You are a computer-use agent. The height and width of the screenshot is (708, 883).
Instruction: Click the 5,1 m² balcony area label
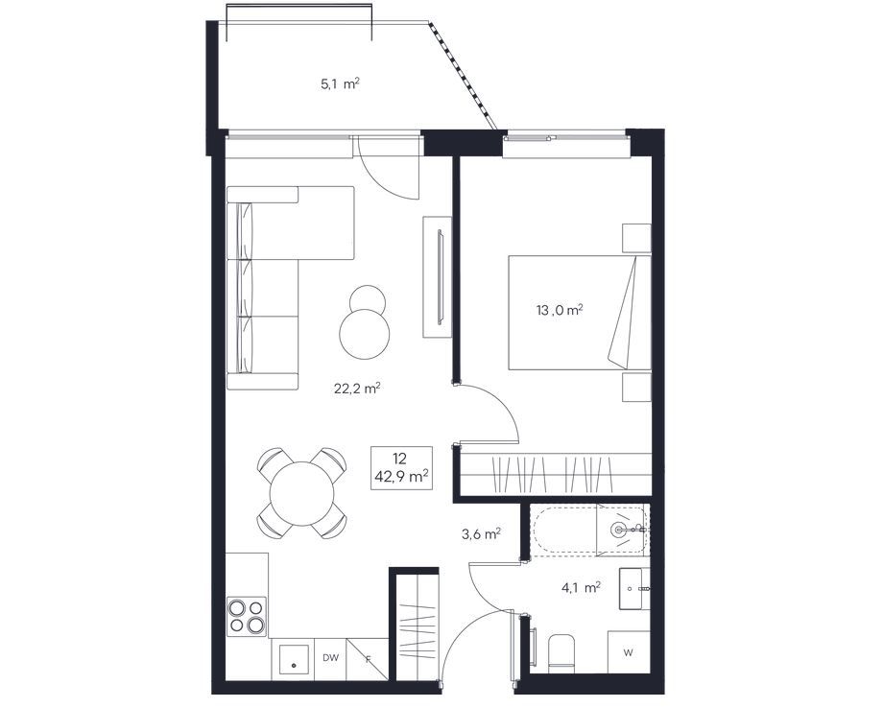[x=340, y=84]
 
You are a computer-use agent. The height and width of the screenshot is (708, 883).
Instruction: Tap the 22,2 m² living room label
[x=358, y=388]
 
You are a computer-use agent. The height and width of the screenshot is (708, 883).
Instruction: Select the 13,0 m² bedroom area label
[x=560, y=310]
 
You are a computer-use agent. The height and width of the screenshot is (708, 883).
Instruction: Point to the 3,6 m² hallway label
[x=482, y=533]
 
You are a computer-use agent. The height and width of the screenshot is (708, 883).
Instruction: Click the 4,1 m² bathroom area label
[x=582, y=588]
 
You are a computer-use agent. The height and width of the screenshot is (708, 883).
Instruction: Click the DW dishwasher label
[x=330, y=657]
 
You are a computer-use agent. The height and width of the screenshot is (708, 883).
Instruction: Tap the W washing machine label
[x=629, y=653]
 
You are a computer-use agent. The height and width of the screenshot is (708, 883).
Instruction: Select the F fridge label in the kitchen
[x=369, y=659]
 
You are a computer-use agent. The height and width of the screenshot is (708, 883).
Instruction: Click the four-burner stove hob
[x=247, y=616]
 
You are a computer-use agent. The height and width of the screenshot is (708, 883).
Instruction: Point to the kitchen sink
[x=294, y=660]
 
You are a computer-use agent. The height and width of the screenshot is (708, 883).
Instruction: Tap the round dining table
[x=302, y=493]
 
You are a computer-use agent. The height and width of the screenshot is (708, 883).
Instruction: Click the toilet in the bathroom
[x=561, y=653]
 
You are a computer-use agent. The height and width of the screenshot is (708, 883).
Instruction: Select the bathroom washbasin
[x=634, y=589]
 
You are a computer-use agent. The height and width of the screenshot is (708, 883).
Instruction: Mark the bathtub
[x=589, y=531]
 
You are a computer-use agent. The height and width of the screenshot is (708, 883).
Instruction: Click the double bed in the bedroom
[x=580, y=313]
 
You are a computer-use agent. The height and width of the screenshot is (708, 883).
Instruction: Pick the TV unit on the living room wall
[x=438, y=277]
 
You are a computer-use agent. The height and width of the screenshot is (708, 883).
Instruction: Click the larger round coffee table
[x=365, y=334]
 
